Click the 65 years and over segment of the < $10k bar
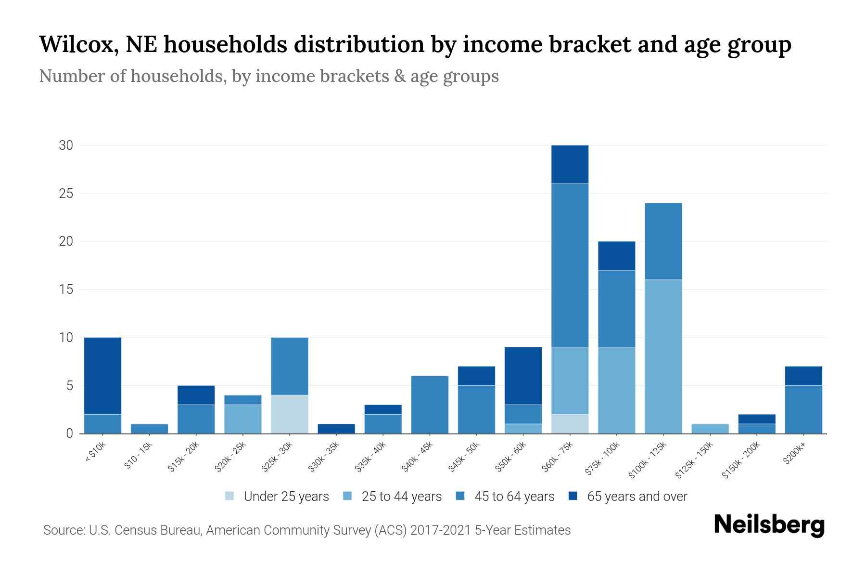tap(102, 376)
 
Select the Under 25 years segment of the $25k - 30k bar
tap(290, 414)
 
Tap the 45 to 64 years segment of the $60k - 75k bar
tap(570, 265)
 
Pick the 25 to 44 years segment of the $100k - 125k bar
tap(663, 356)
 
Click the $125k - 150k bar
tap(710, 429)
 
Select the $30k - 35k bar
tap(336, 429)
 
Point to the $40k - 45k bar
tap(430, 405)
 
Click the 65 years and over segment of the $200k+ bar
tap(803, 376)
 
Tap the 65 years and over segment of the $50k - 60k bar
tap(523, 376)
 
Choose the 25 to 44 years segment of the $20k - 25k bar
tap(243, 419)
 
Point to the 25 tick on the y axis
tap(66, 194)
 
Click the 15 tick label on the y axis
tap(66, 289)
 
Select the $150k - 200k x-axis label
tap(741, 460)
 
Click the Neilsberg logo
tap(769, 525)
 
